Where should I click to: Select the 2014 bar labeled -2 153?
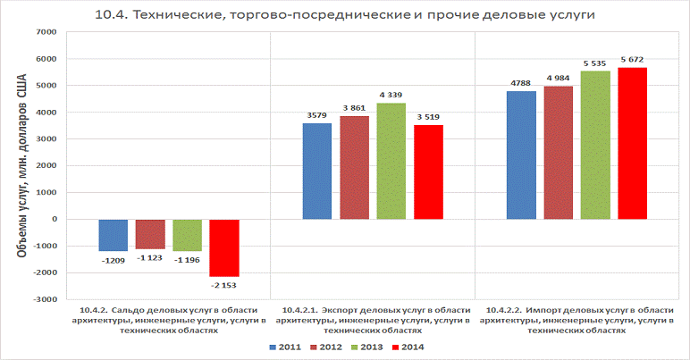[224, 247]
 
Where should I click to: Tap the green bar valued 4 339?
[391, 161]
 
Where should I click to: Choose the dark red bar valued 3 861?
[354, 167]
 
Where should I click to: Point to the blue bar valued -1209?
[114, 235]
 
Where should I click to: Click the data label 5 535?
[595, 63]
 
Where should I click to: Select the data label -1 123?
[150, 258]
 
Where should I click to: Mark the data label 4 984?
[559, 77]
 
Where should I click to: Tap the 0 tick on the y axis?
[54, 219]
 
